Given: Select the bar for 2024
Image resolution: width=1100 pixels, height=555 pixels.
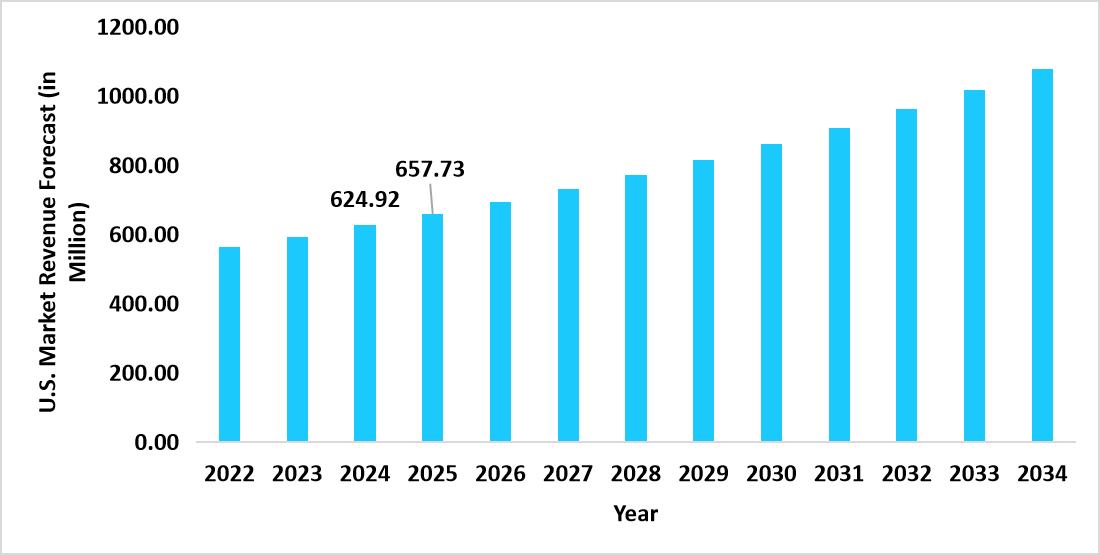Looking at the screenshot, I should coord(364,333).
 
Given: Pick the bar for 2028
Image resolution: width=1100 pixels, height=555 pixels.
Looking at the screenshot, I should coord(635,308).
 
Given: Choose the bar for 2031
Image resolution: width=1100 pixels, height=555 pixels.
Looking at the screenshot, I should coord(838,285).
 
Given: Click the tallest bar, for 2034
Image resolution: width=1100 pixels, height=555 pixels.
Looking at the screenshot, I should coord(1042,255).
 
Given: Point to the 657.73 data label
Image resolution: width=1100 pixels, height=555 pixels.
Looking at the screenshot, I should coord(430,169).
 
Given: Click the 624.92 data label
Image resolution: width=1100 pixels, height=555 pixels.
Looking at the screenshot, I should coord(364,200).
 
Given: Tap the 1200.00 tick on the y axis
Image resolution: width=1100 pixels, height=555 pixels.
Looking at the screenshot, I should coord(137,28).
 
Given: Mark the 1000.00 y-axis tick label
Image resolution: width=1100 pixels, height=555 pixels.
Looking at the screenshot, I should coord(137,97).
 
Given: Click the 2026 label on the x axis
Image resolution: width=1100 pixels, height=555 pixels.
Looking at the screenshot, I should coord(500,474).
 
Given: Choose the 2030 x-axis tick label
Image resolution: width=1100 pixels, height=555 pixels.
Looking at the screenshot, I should coord(771,474).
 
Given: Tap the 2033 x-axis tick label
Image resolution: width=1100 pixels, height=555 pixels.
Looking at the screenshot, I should coord(974,474).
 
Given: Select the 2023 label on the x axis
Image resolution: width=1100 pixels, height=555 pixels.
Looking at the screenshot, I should coord(297,474).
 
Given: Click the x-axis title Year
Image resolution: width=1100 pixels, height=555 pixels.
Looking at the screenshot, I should coord(635,514).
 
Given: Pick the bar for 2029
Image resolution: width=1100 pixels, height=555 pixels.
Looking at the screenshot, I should coord(703,301).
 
